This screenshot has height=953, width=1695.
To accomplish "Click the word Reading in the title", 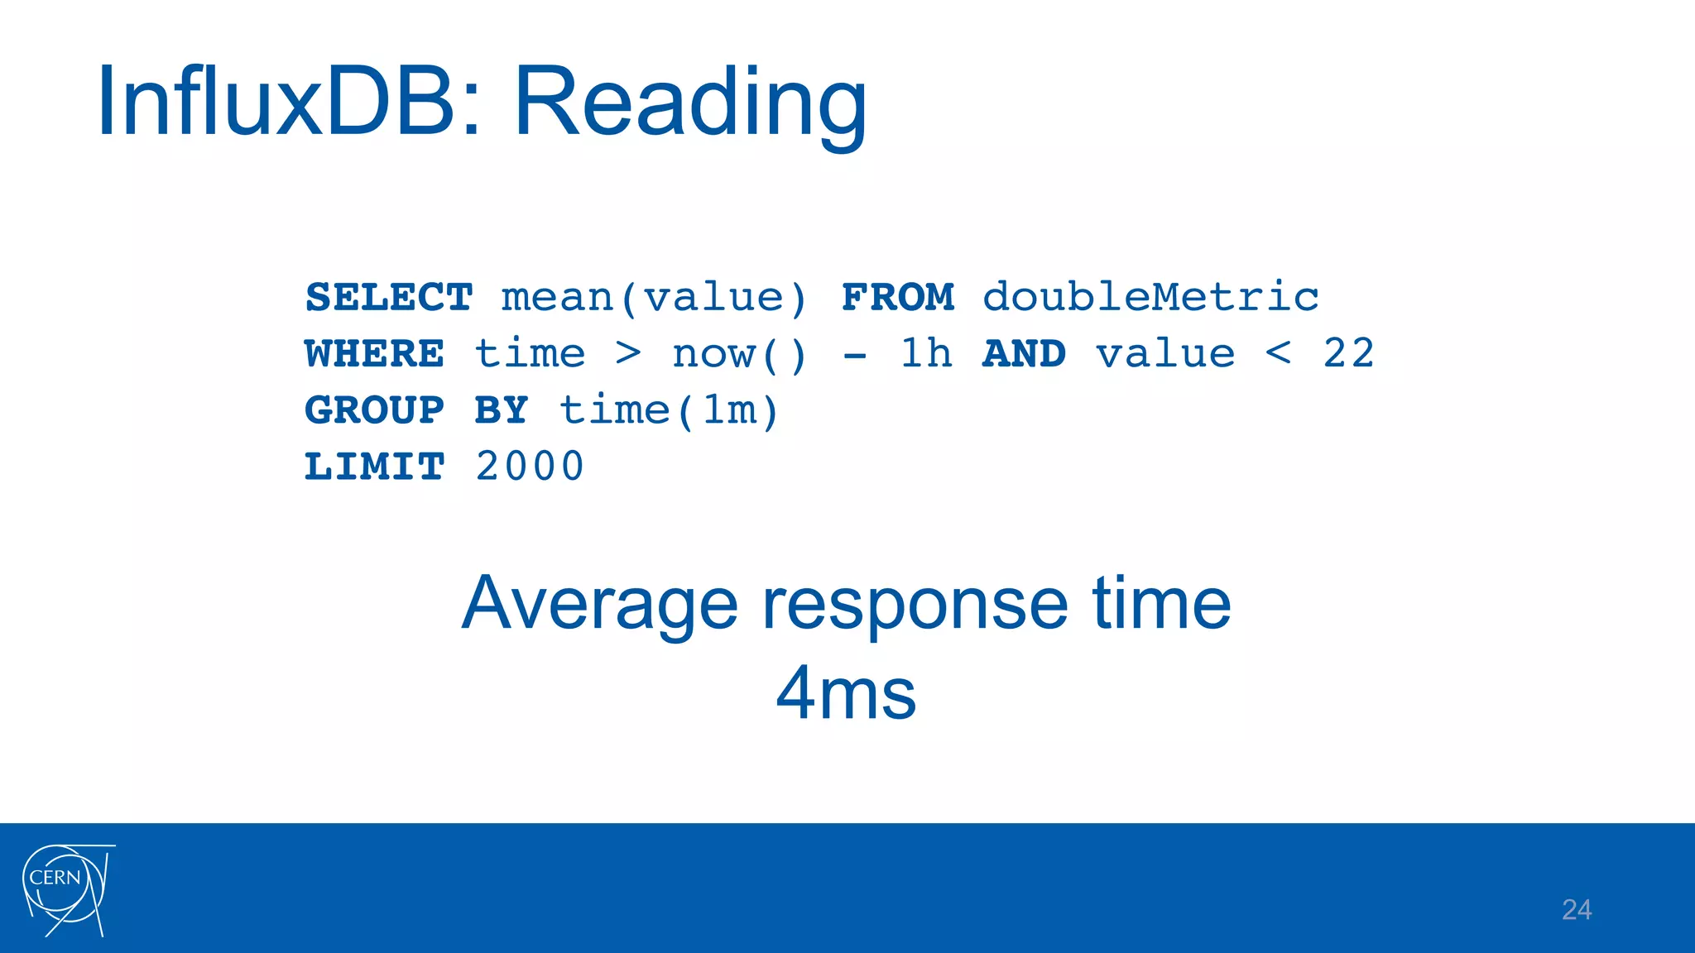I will click(x=690, y=104).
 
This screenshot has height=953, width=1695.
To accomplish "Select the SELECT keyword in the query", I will click(x=389, y=297).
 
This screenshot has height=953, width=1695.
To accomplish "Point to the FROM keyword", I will click(x=897, y=297).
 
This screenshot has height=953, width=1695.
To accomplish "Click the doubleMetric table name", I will click(x=1150, y=297).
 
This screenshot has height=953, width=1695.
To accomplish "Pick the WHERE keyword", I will click(x=374, y=354).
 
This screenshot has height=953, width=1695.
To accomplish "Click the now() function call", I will click(x=738, y=354).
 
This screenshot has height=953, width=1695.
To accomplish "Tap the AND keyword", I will click(x=1024, y=354).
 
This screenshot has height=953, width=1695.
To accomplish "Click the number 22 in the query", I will click(x=1348, y=354).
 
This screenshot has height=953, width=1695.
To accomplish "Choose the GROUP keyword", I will click(x=374, y=410).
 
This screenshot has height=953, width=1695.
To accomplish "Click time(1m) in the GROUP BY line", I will click(x=669, y=410).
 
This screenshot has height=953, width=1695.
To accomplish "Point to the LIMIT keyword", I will click(x=374, y=467).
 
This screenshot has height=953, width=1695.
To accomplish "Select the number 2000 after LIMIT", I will click(x=530, y=467).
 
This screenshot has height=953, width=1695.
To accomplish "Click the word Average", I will click(x=599, y=604).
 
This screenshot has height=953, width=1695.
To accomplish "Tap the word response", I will click(x=915, y=604).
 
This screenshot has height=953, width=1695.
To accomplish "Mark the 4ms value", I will click(x=846, y=693).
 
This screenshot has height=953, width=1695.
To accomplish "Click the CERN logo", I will click(x=66, y=889).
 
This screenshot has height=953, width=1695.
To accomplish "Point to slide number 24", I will click(x=1576, y=909).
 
